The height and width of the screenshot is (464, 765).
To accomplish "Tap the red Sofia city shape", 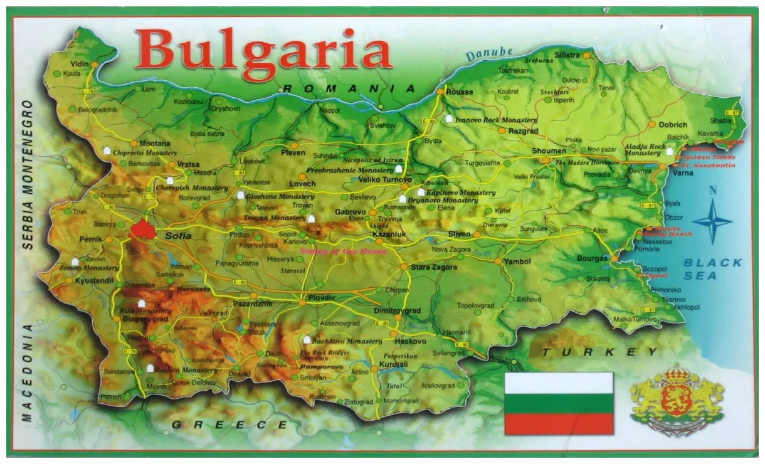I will pos(143,229).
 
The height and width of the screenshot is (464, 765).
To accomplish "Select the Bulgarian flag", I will pos(559,403).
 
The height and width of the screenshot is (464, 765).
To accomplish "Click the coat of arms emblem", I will pos(677,400).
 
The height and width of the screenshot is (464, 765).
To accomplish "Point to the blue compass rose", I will pos(712,221).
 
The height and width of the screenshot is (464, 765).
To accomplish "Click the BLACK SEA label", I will pos(712,269).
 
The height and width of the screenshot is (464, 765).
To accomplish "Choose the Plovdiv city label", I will pos(321,298).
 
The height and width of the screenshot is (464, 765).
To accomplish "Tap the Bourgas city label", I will pos(592,258).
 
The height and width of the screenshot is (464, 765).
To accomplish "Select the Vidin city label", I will pos(80,64).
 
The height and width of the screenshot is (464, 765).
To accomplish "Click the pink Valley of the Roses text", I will pos(343,251).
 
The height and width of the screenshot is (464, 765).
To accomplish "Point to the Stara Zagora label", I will pos(434,267).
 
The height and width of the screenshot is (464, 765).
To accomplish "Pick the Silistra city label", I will pos(566,55).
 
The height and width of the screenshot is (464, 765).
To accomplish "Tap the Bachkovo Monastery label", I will pos(347,341).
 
